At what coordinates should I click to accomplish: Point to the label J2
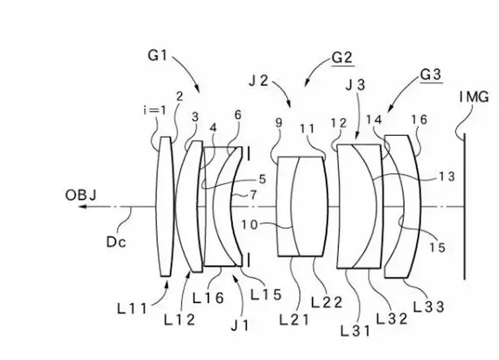pos(259,81)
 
